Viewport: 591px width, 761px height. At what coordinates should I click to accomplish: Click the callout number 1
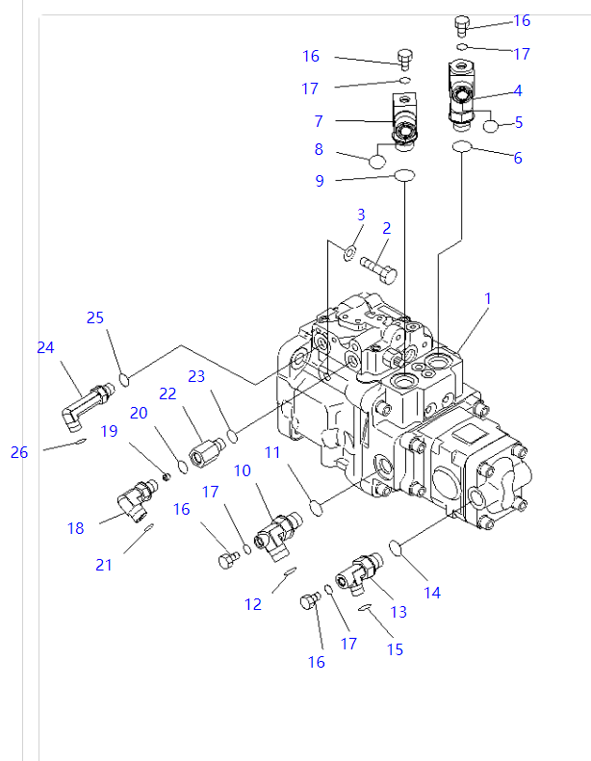[x=488, y=299]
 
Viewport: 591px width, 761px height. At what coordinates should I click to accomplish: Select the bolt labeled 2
[x=379, y=266]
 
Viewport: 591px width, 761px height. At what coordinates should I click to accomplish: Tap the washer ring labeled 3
[x=350, y=253]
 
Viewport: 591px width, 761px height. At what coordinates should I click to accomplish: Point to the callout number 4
[x=518, y=90]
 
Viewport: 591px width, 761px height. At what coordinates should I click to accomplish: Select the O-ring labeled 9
[x=403, y=123]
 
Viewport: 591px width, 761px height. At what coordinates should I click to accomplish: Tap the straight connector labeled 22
[x=206, y=449]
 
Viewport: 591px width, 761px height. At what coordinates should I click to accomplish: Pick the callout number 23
[x=196, y=377]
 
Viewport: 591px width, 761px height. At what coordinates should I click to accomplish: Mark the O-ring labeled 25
[x=123, y=381]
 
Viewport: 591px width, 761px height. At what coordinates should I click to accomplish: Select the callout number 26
[x=19, y=452]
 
